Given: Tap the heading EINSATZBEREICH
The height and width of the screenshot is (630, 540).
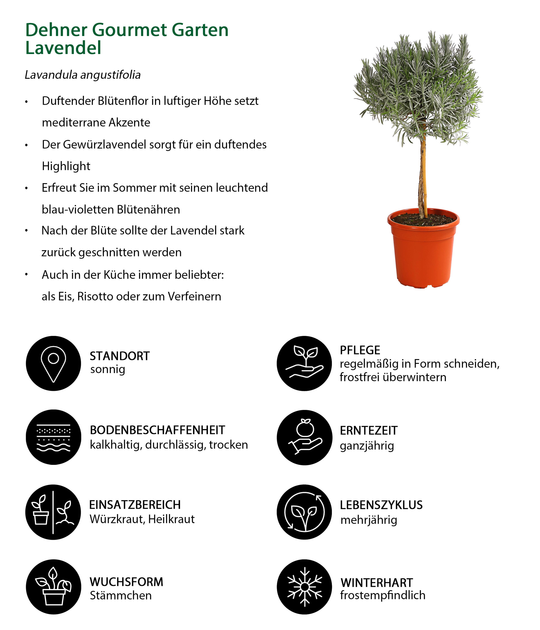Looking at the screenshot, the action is point(135,505).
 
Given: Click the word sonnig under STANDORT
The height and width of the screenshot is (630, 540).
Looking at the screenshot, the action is point(108,369).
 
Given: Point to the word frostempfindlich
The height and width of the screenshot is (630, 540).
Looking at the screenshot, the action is point(382,595).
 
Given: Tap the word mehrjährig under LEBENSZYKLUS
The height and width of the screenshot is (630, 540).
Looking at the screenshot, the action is point(369,520).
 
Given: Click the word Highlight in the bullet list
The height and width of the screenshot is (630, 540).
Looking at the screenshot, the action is point(66,166).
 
